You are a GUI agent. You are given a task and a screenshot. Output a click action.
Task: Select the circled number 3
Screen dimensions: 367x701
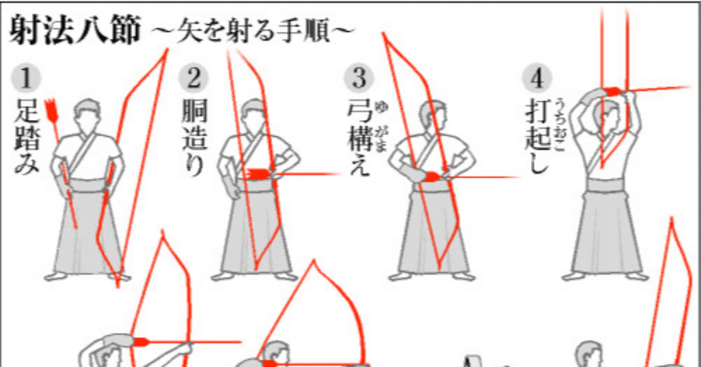tap(359, 79)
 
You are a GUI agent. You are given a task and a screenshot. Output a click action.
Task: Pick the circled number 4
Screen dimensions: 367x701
tap(537, 79)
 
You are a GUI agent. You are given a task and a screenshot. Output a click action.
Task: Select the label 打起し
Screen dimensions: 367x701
tap(537, 137)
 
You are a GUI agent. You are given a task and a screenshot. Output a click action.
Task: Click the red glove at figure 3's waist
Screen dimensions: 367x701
tap(432, 176)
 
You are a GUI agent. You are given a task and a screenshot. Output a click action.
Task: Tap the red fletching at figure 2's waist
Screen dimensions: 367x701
tap(256, 174)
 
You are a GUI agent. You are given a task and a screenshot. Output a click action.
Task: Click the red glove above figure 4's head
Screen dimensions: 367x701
tap(612, 91)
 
